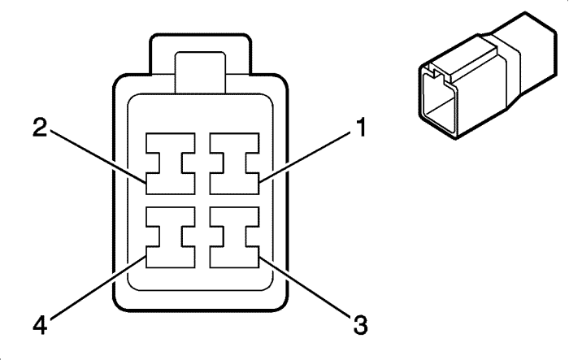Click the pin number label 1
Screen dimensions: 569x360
pyautogui.click(x=360, y=128)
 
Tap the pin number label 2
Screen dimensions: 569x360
pyautogui.click(x=40, y=128)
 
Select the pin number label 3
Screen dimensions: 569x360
pyautogui.click(x=360, y=324)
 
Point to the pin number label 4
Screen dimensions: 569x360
pyautogui.click(x=40, y=324)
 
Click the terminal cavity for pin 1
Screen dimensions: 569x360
pyautogui.click(x=234, y=163)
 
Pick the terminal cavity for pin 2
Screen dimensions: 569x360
pyautogui.click(x=171, y=163)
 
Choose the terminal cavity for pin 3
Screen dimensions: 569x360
pyautogui.click(x=234, y=237)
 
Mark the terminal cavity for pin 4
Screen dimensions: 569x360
pyautogui.click(x=171, y=237)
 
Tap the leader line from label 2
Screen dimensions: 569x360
pyautogui.click(x=98, y=156)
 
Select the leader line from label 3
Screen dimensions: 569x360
pyautogui.click(x=306, y=287)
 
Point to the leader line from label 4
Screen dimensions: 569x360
pyautogui.click(x=98, y=288)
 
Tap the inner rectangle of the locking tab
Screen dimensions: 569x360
pyautogui.click(x=200, y=72)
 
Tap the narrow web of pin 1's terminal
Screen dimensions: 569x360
pyautogui.click(x=234, y=163)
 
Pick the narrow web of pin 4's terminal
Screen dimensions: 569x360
pyautogui.click(x=171, y=237)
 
